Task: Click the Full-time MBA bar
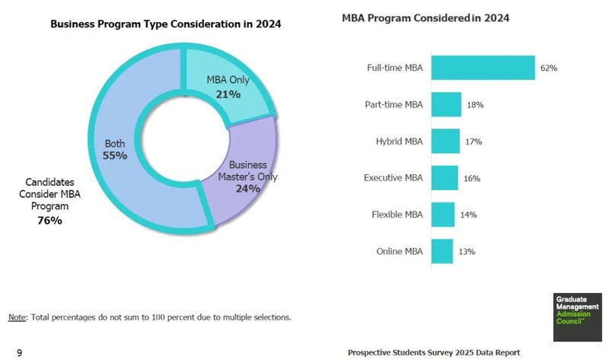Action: (x=483, y=68)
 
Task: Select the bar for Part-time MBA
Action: (x=446, y=104)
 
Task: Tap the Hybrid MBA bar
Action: (x=445, y=141)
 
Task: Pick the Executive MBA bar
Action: (x=445, y=178)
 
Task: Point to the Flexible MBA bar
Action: (x=442, y=215)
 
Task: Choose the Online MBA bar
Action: (x=442, y=251)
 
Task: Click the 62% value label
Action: (x=549, y=68)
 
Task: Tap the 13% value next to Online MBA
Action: (x=466, y=252)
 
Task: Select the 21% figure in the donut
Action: (x=228, y=94)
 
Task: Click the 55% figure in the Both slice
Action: (x=114, y=155)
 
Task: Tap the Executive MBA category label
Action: (x=394, y=178)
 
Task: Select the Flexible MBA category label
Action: (x=397, y=215)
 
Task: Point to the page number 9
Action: (x=19, y=352)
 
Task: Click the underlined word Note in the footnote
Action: (x=16, y=316)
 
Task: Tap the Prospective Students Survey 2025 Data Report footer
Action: (x=434, y=352)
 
